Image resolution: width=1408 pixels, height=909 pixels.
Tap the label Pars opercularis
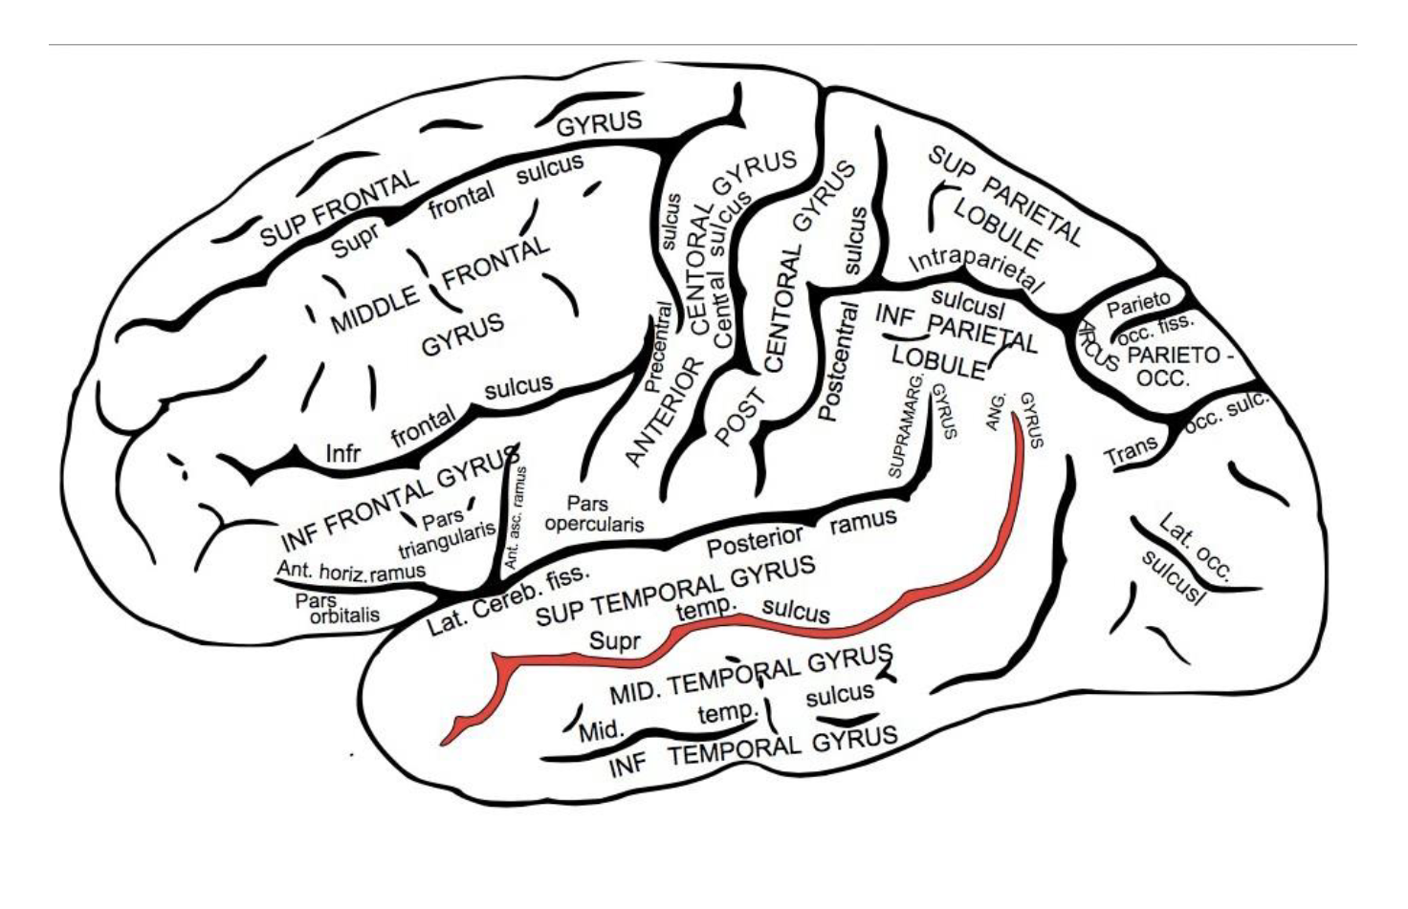click(592, 513)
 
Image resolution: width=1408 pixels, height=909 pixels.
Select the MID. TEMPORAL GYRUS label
click(750, 674)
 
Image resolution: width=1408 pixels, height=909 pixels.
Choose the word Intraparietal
click(975, 269)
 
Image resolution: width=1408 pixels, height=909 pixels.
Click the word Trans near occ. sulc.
click(1131, 450)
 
